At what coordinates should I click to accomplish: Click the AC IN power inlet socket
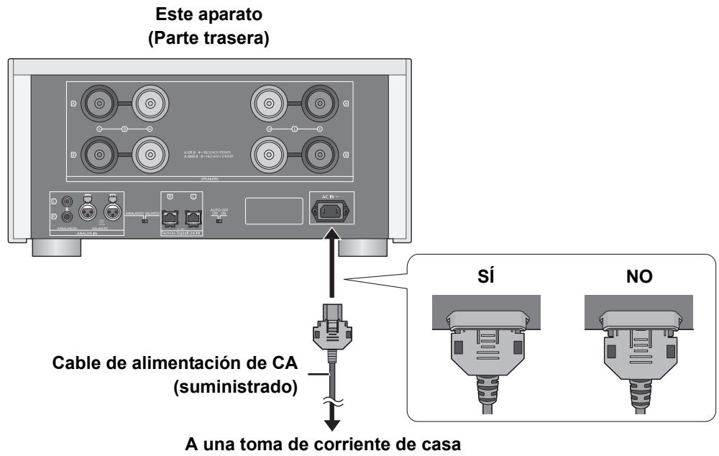tap(331, 212)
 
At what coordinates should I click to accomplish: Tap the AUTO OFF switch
tap(218, 221)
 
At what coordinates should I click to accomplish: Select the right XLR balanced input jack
tap(111, 212)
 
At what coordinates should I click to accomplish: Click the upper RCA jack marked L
tap(67, 204)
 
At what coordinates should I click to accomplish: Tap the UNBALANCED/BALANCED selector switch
tap(147, 222)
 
